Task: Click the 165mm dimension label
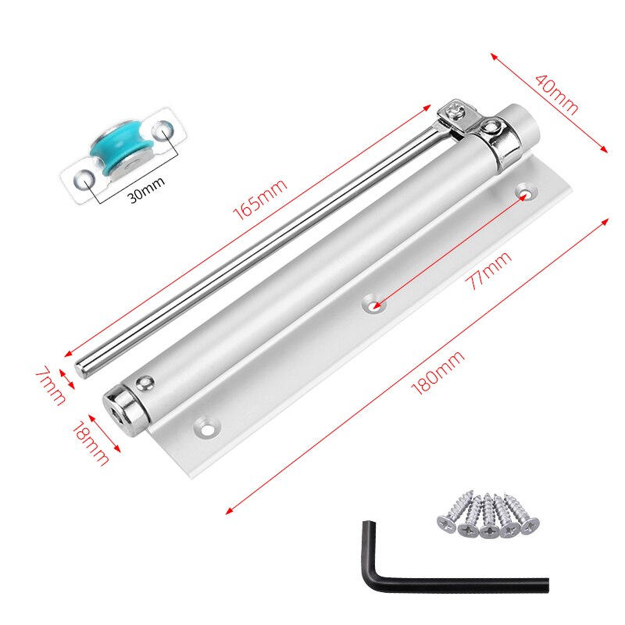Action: (260, 200)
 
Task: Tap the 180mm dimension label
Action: (437, 373)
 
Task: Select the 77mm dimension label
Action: (489, 270)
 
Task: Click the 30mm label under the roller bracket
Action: (147, 189)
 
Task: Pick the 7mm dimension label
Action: (50, 385)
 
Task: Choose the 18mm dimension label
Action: (91, 443)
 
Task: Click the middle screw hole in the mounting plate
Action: (373, 305)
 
